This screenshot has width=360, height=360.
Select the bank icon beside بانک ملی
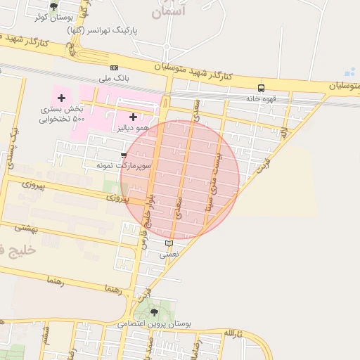(x=114, y=67)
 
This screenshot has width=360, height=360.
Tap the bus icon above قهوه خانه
(x=261, y=88)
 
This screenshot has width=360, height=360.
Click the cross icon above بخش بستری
(x=61, y=97)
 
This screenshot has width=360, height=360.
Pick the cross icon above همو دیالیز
(x=133, y=117)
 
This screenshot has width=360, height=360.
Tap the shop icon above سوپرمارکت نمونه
(x=124, y=155)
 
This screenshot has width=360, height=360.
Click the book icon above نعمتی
(x=168, y=243)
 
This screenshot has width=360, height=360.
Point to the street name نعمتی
(x=169, y=254)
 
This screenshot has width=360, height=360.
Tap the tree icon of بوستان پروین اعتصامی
(x=154, y=311)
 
